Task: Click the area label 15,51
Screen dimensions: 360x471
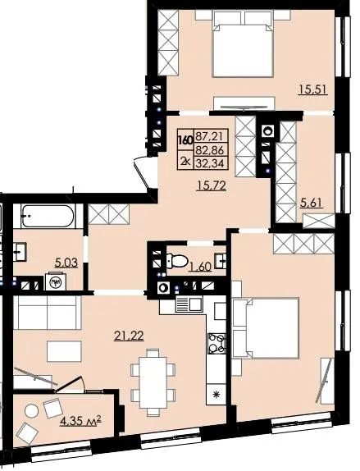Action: [313, 89]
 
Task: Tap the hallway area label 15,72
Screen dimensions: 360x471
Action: [211, 186]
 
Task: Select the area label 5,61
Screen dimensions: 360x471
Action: [312, 203]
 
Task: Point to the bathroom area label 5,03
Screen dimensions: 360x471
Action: [66, 263]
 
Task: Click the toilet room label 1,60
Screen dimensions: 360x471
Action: [200, 266]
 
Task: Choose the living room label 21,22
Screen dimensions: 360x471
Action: [129, 336]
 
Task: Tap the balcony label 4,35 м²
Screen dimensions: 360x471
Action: [80, 421]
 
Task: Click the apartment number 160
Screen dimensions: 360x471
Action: [185, 140]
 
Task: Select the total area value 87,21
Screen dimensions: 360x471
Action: [210, 136]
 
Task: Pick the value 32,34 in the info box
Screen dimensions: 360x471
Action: [210, 163]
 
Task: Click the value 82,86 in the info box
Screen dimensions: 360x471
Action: [210, 150]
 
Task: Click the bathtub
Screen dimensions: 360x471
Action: [48, 217]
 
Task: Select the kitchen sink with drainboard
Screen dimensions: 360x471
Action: [189, 304]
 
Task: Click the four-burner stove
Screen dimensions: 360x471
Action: [216, 343]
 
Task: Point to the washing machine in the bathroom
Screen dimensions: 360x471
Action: [55, 281]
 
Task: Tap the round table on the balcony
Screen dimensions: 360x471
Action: [31, 410]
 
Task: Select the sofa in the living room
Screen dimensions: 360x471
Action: [47, 313]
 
